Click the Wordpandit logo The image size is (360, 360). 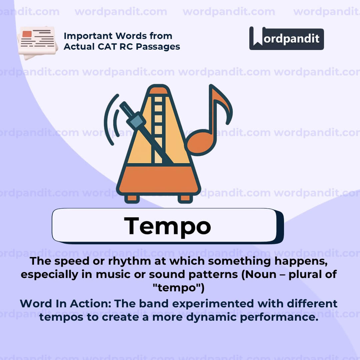coord(286,38)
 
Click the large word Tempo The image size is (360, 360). coord(167,226)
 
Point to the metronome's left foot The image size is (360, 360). coord(132,198)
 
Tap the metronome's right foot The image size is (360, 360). coord(185,198)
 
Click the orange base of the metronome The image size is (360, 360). coord(159,180)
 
